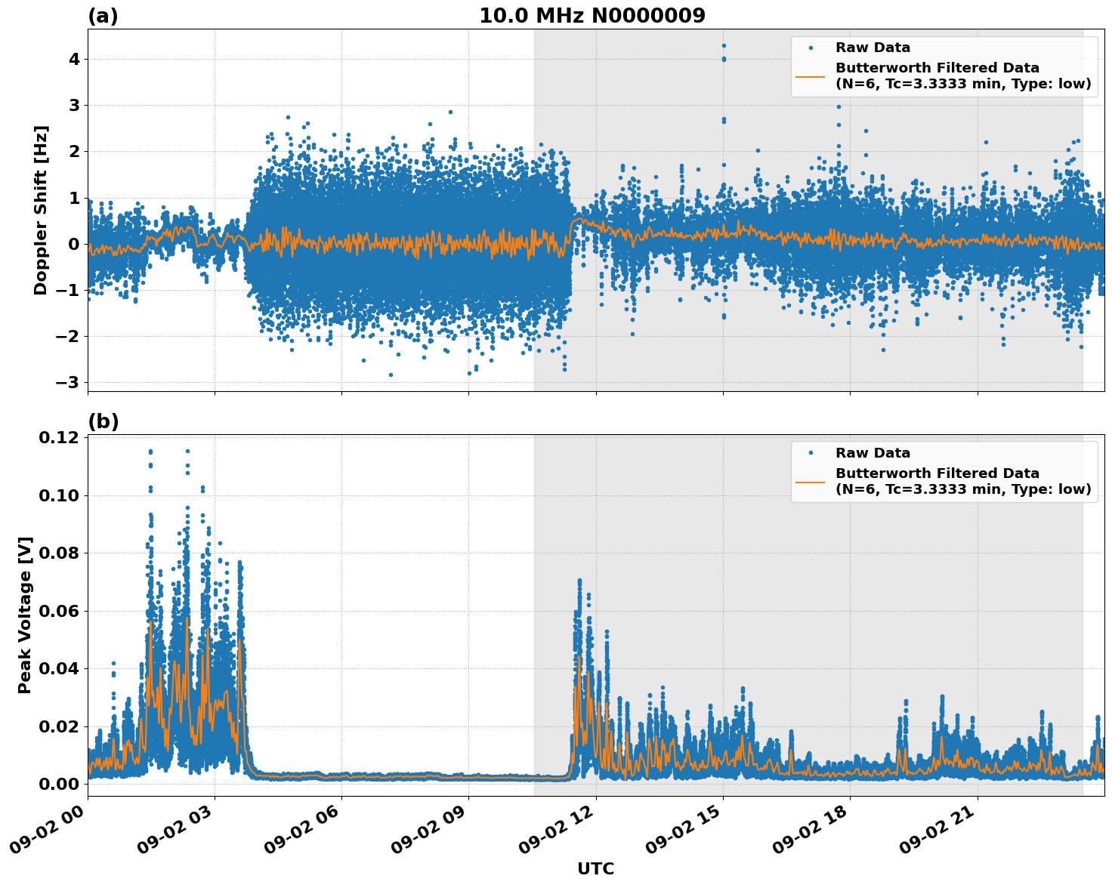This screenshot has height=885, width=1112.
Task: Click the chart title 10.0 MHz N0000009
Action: coord(592,16)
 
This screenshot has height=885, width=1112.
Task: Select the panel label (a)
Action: coord(103,16)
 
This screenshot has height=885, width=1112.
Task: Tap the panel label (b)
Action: coord(103,421)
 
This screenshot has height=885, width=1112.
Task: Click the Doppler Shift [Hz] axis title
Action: coord(41,210)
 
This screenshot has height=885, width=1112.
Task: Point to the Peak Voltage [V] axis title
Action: coord(25,615)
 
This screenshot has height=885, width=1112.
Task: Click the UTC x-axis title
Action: coord(595,869)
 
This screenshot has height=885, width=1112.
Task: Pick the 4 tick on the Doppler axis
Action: coord(74,59)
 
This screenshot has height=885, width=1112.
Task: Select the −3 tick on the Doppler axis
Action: coord(67,382)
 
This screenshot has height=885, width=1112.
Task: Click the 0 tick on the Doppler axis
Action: coord(74,244)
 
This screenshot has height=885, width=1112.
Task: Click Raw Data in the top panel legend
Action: coord(873,48)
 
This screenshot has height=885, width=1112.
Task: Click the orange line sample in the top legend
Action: coord(811,76)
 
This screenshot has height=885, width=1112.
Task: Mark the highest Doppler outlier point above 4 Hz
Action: coord(724,45)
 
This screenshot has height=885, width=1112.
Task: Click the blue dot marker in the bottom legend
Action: coord(811,453)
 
